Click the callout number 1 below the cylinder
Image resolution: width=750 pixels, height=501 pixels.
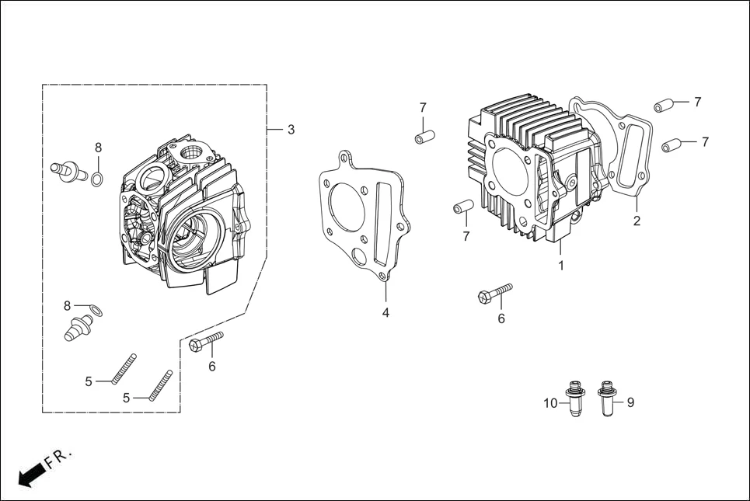click(560, 266)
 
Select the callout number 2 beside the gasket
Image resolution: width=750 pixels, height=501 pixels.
click(637, 221)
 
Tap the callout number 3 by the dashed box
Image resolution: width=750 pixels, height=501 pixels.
click(291, 130)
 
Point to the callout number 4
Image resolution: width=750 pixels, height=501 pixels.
click(385, 312)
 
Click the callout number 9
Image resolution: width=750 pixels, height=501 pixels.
click(630, 402)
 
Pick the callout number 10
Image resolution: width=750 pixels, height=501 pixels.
click(551, 402)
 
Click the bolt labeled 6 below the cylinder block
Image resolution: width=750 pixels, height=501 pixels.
click(494, 293)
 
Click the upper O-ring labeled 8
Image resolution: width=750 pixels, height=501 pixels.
click(96, 181)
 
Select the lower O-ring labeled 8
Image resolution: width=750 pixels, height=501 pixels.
click(95, 311)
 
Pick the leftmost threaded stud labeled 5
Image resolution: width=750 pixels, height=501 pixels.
click(124, 367)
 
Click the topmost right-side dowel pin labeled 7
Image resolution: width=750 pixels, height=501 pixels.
click(662, 106)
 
